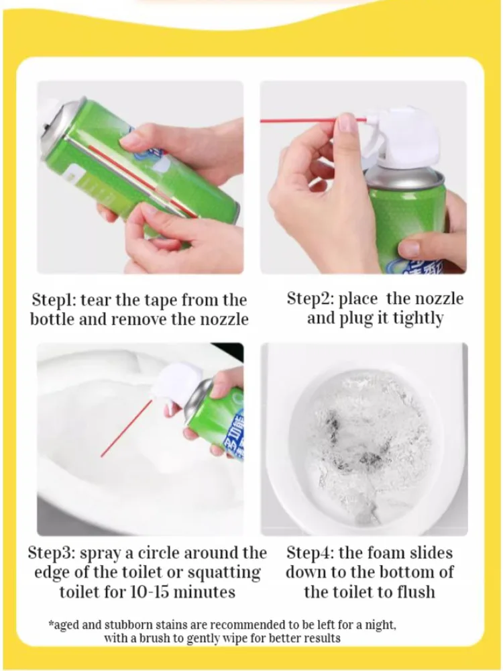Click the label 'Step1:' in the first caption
(x=54, y=300)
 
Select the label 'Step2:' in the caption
(x=311, y=299)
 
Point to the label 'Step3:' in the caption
(x=52, y=553)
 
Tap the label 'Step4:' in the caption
(x=311, y=553)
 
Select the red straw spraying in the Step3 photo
(x=126, y=429)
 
